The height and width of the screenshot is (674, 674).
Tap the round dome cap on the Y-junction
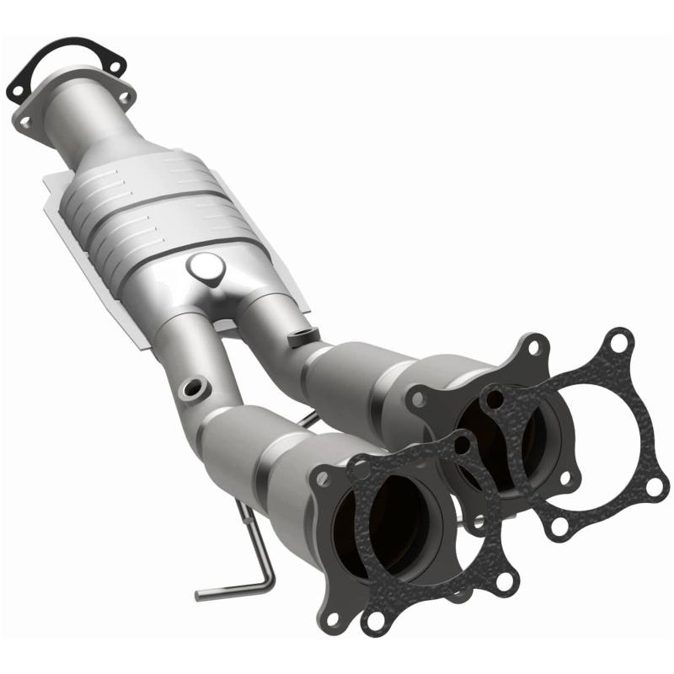pyautogui.click(x=206, y=268)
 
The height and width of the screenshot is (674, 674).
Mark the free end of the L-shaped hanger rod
pyautogui.click(x=201, y=595)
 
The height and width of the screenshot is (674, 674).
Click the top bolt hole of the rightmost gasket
pyautogui.click(x=619, y=342)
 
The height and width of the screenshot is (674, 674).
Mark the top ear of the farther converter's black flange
pyautogui.click(x=532, y=345)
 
